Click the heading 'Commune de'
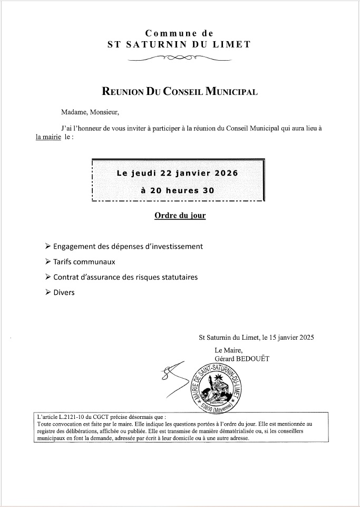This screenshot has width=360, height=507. pos(179,33)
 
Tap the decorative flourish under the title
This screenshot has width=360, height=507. pos(179,58)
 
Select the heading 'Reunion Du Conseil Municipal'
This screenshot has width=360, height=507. pos(179,92)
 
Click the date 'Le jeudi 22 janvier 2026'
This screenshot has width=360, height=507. pos(177,173)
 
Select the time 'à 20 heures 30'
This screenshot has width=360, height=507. pos(178,190)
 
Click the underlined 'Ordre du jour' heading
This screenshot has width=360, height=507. pos(180,216)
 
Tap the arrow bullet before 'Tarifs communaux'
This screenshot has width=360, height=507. pos(48,261)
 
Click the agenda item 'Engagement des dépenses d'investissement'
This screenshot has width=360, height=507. pos(128,246)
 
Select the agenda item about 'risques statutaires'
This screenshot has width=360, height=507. pos(125,276)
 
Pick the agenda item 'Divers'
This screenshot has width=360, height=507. pos(64,292)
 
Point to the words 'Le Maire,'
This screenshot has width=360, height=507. pos(229,350)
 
